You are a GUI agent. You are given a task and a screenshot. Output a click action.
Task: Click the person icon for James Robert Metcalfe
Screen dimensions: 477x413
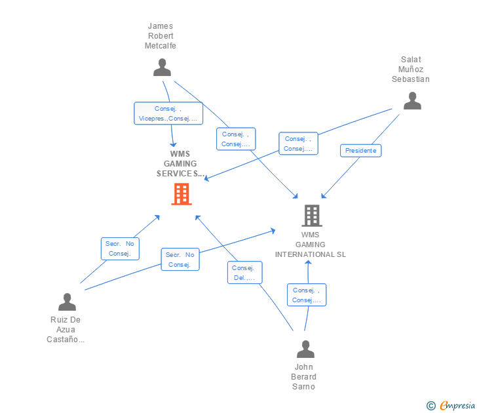[162, 68]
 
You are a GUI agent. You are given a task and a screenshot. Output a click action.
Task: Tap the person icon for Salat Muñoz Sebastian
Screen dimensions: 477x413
[411, 100]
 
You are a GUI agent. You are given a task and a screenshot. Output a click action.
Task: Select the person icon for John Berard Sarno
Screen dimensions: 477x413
[305, 349]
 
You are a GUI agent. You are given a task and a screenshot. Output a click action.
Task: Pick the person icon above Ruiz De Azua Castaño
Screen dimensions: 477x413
[67, 302]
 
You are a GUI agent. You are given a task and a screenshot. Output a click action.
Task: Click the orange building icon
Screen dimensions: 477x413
[181, 194]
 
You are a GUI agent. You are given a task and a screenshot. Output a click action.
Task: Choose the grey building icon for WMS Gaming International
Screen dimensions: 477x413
[311, 215]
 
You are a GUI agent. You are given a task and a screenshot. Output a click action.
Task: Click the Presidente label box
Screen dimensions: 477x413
[360, 151]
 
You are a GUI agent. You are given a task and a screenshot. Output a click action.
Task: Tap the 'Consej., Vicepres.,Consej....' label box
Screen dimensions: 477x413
[168, 113]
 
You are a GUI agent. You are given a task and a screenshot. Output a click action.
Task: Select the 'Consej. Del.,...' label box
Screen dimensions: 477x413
[245, 273]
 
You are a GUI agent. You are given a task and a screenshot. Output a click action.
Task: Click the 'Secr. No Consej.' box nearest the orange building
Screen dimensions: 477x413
[120, 248]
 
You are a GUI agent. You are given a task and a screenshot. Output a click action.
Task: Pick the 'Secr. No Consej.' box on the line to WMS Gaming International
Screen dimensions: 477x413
[180, 260]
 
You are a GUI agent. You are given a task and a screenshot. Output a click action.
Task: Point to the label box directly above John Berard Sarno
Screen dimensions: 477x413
[306, 295]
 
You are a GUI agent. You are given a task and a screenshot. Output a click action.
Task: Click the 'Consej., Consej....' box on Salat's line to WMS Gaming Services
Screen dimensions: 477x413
[298, 144]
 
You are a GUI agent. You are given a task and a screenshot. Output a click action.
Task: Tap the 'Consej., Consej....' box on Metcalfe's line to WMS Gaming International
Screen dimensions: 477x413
[236, 139]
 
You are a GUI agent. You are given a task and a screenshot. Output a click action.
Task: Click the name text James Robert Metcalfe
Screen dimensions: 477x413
[161, 36]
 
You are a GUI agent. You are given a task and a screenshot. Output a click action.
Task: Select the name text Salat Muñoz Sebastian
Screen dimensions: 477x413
[411, 69]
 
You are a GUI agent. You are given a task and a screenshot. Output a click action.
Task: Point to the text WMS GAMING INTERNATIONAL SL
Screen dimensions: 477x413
[311, 245]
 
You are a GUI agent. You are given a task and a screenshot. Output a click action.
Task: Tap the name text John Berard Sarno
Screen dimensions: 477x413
[304, 377]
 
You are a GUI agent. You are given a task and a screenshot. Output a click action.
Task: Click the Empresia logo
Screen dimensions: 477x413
[451, 406]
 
